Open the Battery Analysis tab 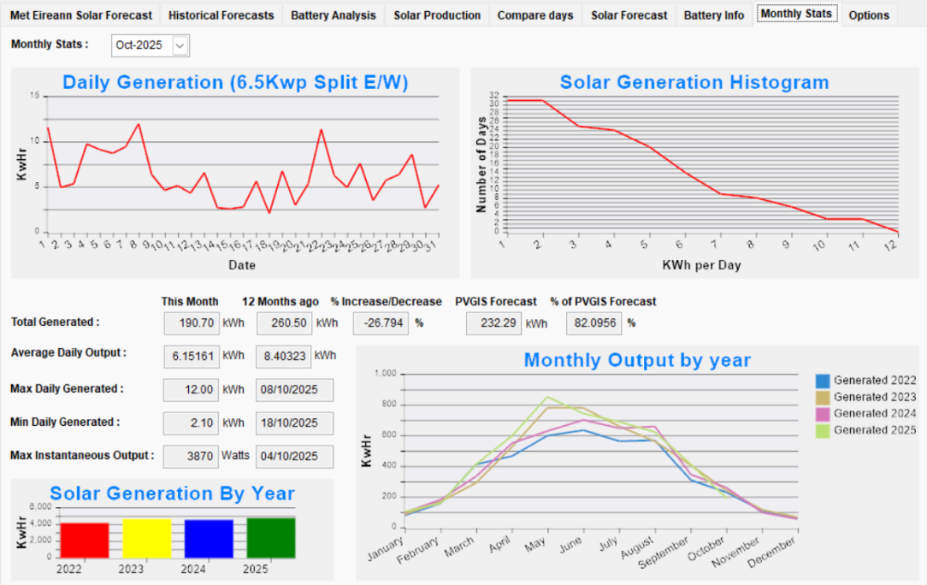[x=333, y=15]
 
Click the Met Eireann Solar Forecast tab [x=81, y=15]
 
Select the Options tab [x=869, y=15]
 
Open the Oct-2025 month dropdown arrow [x=180, y=46]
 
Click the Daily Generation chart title [x=235, y=82]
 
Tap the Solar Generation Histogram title [x=694, y=82]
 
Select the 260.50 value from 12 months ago [x=283, y=323]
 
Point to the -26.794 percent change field [x=381, y=323]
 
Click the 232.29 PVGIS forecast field [x=493, y=323]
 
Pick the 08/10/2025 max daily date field [x=294, y=389]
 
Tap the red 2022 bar [x=85, y=539]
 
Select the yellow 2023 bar [x=146, y=538]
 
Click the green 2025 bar [x=271, y=537]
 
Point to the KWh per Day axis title [x=701, y=265]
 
